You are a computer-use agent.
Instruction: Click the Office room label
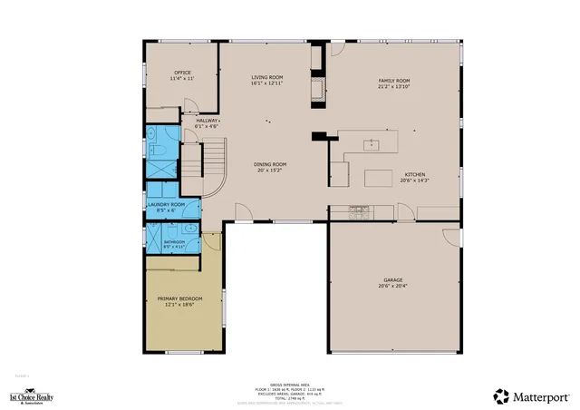click(182, 76)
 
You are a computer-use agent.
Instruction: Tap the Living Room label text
click(267, 80)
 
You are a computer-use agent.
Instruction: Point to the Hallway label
click(207, 122)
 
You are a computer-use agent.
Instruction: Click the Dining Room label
click(270, 166)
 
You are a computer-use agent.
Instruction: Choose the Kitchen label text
click(414, 177)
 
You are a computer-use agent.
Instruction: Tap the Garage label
click(392, 282)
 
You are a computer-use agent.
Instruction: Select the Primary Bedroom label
click(179, 301)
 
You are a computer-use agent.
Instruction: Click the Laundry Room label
click(166, 207)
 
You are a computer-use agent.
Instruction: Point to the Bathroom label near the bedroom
click(174, 244)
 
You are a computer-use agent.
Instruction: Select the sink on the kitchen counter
click(371, 143)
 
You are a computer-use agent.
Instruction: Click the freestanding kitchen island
click(379, 178)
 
